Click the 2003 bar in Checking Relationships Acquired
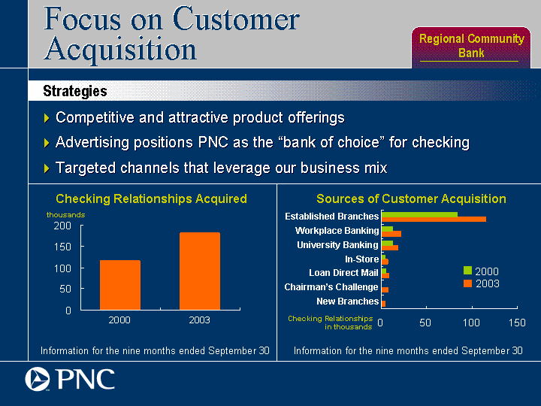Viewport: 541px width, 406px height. pos(200,271)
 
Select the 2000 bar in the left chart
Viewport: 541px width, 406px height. pos(120,285)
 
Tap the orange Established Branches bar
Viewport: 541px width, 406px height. pos(434,220)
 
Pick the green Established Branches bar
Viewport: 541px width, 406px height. pos(419,214)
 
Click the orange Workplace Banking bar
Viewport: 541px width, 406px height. pos(391,234)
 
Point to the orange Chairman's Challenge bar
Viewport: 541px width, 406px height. pos(385,289)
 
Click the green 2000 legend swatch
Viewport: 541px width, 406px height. pos(467,271)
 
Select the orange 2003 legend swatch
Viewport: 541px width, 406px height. pos(467,283)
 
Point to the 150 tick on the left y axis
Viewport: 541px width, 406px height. pos(62,247)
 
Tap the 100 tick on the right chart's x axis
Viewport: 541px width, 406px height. pos(471,323)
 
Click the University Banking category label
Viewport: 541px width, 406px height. pos(337,245)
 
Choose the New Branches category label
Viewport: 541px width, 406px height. pos(347,301)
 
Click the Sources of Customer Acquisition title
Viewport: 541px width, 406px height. pos(411,198)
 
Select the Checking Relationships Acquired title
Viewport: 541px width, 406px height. pos(151,198)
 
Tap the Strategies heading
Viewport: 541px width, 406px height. pos(75,91)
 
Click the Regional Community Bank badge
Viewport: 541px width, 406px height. pos(471,47)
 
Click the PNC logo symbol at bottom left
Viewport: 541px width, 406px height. pos(38,379)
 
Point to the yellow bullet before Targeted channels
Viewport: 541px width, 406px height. pos(47,168)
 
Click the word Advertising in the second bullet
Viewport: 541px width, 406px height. pos(92,143)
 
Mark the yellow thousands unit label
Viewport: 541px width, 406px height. pos(65,215)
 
